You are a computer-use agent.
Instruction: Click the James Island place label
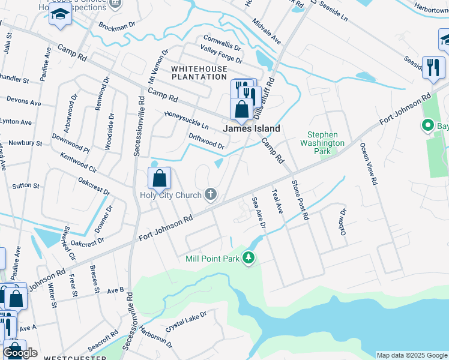pyautogui.click(x=252, y=128)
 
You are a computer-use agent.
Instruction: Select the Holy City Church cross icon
pyautogui.click(x=210, y=194)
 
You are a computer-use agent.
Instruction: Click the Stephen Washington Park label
pyautogui.click(x=322, y=143)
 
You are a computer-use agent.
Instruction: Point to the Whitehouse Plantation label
pyautogui.click(x=199, y=73)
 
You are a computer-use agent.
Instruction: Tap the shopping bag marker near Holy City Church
pyautogui.click(x=160, y=178)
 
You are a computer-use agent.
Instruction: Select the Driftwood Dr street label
pyautogui.click(x=206, y=142)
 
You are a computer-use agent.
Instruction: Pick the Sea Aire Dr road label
pyautogui.click(x=259, y=214)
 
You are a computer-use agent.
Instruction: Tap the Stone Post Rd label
pyautogui.click(x=300, y=199)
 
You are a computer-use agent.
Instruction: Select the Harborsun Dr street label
pyautogui.click(x=155, y=337)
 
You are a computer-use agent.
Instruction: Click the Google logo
pyautogui.click(x=20, y=353)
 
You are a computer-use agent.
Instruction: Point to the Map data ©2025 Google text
pyautogui.click(x=412, y=355)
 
